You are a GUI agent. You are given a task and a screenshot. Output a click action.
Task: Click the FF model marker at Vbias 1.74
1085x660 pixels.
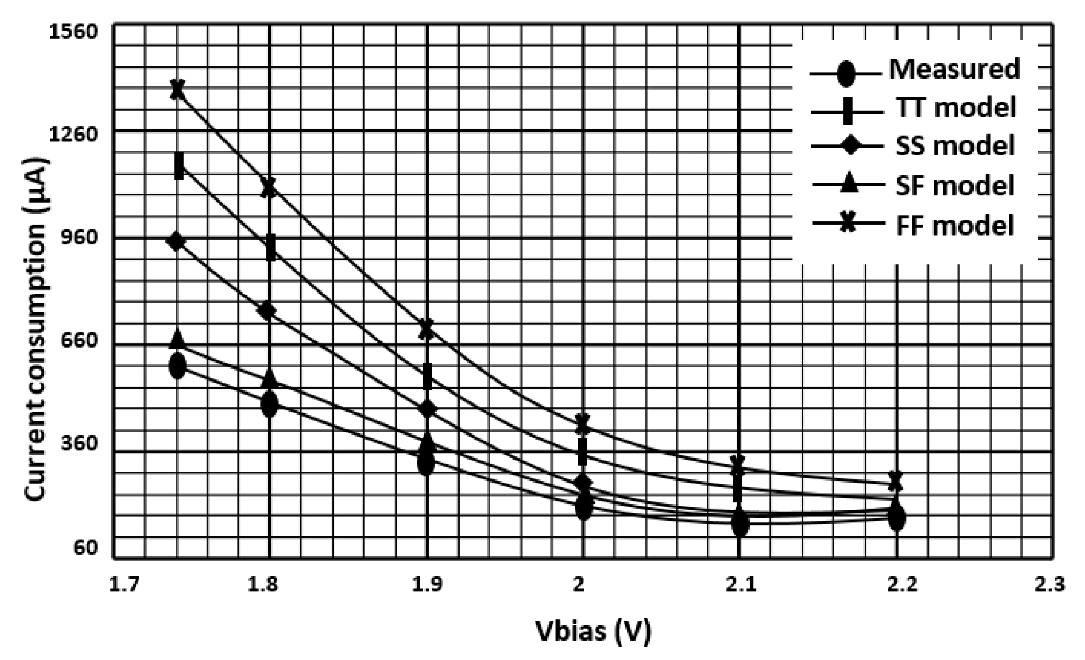pos(178,88)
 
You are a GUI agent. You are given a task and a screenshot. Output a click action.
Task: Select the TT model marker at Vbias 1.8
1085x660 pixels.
pos(271,248)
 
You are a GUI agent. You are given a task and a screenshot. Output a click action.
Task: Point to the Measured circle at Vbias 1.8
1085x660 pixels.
pos(270,404)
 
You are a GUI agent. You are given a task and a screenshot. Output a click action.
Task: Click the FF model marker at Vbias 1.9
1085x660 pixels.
pos(427,329)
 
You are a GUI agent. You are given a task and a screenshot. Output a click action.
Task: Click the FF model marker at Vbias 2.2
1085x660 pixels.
pos(896,480)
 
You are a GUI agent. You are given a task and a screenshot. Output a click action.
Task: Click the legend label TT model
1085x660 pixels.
pos(955,108)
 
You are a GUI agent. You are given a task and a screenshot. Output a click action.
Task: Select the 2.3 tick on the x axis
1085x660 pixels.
pos(1050,584)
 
